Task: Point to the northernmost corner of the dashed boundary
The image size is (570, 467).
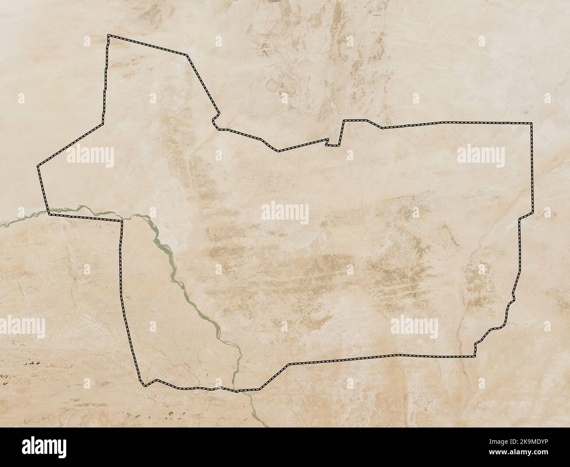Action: coord(109,36)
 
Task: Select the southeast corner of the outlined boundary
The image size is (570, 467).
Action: coord(475,356)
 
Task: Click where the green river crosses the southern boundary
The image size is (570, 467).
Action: coord(236,390)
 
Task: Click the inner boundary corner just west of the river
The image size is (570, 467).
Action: coord(122,221)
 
